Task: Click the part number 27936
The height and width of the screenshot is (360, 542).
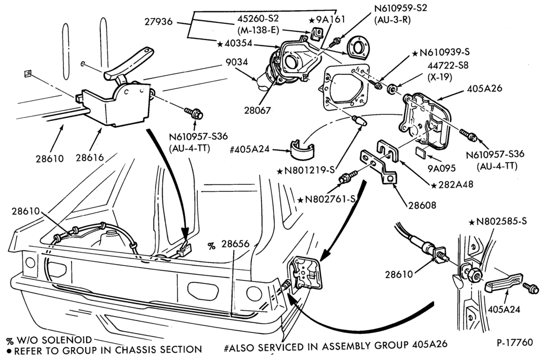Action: pyautogui.click(x=158, y=22)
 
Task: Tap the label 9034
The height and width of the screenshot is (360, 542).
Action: pyautogui.click(x=237, y=62)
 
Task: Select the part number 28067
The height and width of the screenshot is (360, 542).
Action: pyautogui.click(x=257, y=111)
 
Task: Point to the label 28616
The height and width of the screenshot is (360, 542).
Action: pyautogui.click(x=90, y=158)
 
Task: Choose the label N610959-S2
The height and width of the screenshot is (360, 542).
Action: pyautogui.click(x=401, y=8)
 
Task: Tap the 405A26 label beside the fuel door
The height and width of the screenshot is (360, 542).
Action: pyautogui.click(x=484, y=88)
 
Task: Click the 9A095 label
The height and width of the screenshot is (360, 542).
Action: pyautogui.click(x=442, y=168)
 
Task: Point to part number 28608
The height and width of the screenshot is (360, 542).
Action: pyautogui.click(x=422, y=205)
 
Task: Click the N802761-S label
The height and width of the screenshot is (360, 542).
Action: pyautogui.click(x=327, y=200)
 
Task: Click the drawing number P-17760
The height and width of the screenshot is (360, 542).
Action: pyautogui.click(x=515, y=343)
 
